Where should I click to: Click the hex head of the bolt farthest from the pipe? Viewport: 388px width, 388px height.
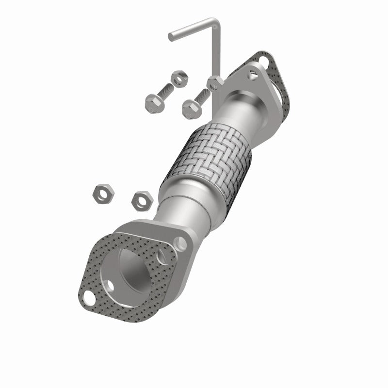click(x=152, y=102)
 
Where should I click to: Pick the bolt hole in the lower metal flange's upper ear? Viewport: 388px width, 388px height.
click(x=181, y=241)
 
